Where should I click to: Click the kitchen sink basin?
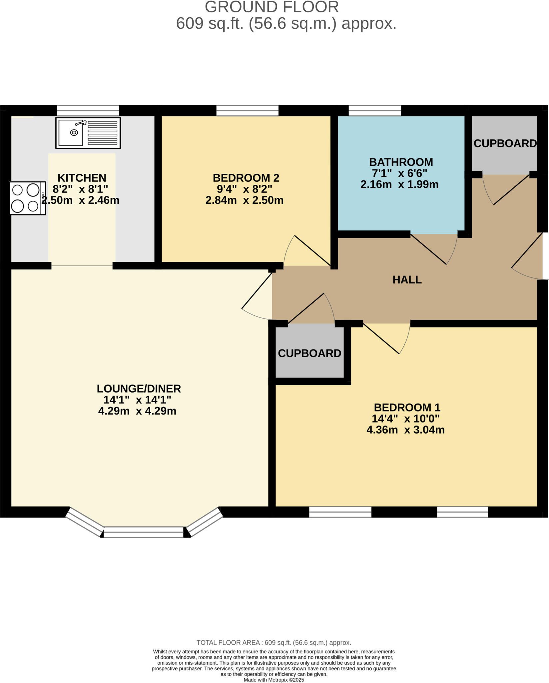(x=71, y=132)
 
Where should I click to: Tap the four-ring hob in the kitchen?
(x=27, y=198)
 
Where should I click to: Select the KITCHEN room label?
(x=82, y=178)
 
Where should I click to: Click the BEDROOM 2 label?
(x=246, y=178)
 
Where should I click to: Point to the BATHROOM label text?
(x=401, y=162)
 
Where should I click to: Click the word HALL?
(x=407, y=280)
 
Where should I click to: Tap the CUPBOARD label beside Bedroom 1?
(x=309, y=354)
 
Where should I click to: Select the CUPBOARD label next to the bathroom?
(x=505, y=143)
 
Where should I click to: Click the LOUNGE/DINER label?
(x=139, y=389)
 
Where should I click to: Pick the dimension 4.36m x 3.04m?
(x=405, y=430)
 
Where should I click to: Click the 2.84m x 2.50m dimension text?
(x=244, y=200)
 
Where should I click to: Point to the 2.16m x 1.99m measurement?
(x=399, y=184)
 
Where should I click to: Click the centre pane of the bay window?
(x=143, y=532)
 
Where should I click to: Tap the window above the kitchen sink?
(x=88, y=110)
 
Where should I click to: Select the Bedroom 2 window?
(x=247, y=110)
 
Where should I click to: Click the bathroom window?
(x=375, y=110)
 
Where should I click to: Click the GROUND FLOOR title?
(x=272, y=7)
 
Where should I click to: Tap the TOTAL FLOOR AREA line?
(x=274, y=642)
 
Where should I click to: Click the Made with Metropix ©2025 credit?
(x=274, y=680)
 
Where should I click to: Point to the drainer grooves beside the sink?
(x=102, y=133)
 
